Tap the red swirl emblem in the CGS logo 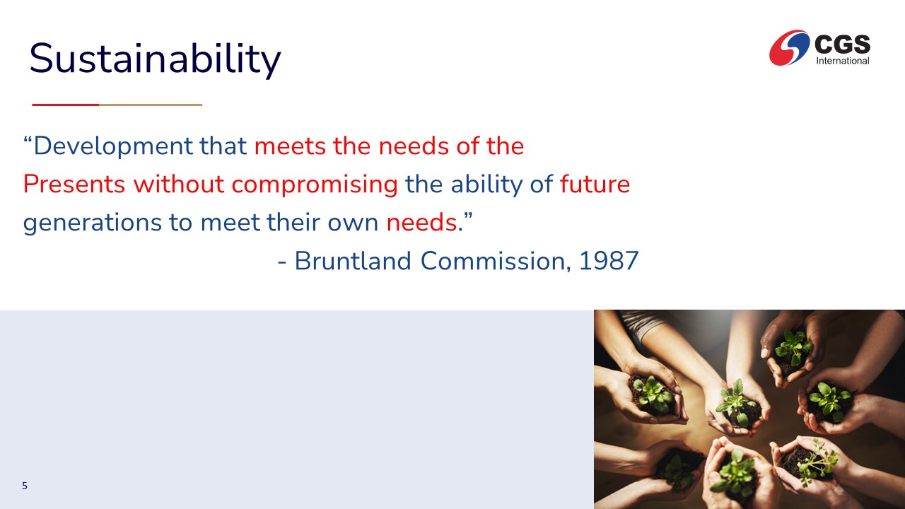click(x=789, y=47)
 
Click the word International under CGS click(x=842, y=61)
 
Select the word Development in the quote click(x=113, y=146)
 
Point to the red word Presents click(x=74, y=185)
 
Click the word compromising click(x=315, y=185)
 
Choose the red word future click(x=595, y=185)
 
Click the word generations click(x=93, y=223)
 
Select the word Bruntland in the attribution click(x=353, y=261)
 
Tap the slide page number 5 click(x=25, y=486)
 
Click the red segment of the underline click(x=66, y=105)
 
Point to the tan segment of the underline click(x=151, y=105)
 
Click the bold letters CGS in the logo click(x=842, y=44)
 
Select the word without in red click(x=179, y=185)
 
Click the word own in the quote click(x=353, y=223)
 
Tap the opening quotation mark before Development click(x=28, y=140)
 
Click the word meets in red click(x=290, y=146)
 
